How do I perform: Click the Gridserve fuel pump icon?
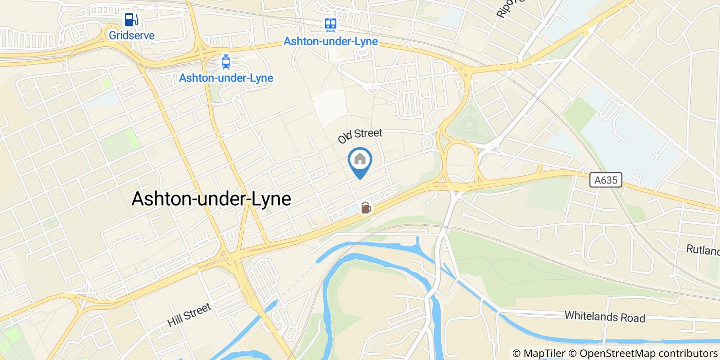(132, 20)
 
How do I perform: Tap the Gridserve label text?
(132, 35)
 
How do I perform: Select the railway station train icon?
(330, 24)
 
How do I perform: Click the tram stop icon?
(226, 62)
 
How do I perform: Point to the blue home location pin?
(360, 161)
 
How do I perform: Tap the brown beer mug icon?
(366, 208)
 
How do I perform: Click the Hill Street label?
(189, 315)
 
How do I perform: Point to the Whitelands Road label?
(604, 316)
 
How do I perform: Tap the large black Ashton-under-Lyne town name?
(211, 199)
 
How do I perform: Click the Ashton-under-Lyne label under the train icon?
(331, 42)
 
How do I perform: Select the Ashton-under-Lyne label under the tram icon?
(226, 78)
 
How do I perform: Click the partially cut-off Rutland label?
(703, 250)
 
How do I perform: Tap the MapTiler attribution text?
(538, 353)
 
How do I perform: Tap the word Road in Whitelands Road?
(632, 318)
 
